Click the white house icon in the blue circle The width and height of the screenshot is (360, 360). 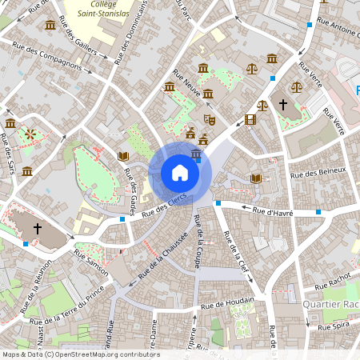(180, 172)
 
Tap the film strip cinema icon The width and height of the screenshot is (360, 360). (252, 120)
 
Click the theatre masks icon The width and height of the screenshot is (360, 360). (210, 120)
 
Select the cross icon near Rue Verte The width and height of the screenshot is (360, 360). (282, 104)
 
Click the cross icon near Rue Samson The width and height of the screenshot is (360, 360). (37, 230)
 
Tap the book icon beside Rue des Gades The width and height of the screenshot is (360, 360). (123, 156)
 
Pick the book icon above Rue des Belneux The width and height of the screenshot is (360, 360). (256, 178)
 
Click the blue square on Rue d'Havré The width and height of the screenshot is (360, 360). (318, 212)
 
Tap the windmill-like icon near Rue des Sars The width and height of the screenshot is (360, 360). (30, 134)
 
